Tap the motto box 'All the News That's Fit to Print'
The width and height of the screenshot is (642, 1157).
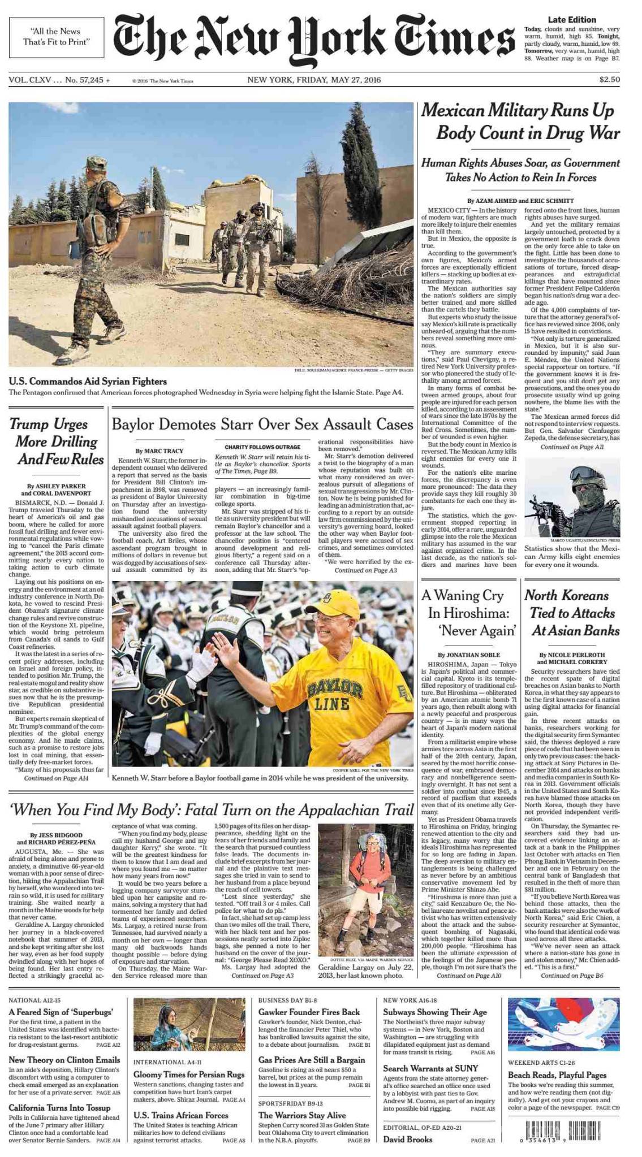(x=57, y=37)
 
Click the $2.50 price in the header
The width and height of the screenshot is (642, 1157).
(x=609, y=80)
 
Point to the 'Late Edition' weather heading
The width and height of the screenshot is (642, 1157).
(x=572, y=20)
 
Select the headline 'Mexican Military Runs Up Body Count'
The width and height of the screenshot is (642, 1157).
(x=520, y=122)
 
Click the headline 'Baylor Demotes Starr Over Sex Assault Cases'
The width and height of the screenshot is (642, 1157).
(x=262, y=424)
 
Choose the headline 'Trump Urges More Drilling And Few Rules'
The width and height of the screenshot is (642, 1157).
(x=57, y=441)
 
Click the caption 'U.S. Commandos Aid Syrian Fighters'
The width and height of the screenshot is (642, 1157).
(x=88, y=382)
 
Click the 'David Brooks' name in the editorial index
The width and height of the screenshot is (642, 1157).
(x=407, y=1139)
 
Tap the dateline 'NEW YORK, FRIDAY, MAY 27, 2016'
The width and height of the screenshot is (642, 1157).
(x=314, y=80)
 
